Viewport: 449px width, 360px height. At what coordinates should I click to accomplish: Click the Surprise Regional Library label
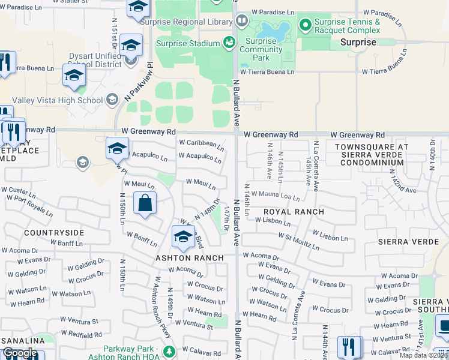(185, 22)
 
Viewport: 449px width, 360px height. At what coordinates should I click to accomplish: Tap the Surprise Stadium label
(187, 43)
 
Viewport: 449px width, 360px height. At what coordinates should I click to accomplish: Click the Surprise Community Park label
(261, 49)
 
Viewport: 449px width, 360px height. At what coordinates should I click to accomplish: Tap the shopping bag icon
(145, 203)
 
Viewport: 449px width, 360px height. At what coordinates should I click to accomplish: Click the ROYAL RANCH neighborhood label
(294, 212)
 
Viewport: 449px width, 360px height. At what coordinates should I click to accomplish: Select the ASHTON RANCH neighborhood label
(190, 258)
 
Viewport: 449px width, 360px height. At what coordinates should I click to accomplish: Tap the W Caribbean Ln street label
(201, 145)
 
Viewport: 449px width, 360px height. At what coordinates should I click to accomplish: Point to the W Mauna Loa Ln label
(275, 196)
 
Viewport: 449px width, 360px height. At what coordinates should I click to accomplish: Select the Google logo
(20, 353)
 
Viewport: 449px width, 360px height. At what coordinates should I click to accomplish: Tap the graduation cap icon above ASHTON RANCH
(182, 236)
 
